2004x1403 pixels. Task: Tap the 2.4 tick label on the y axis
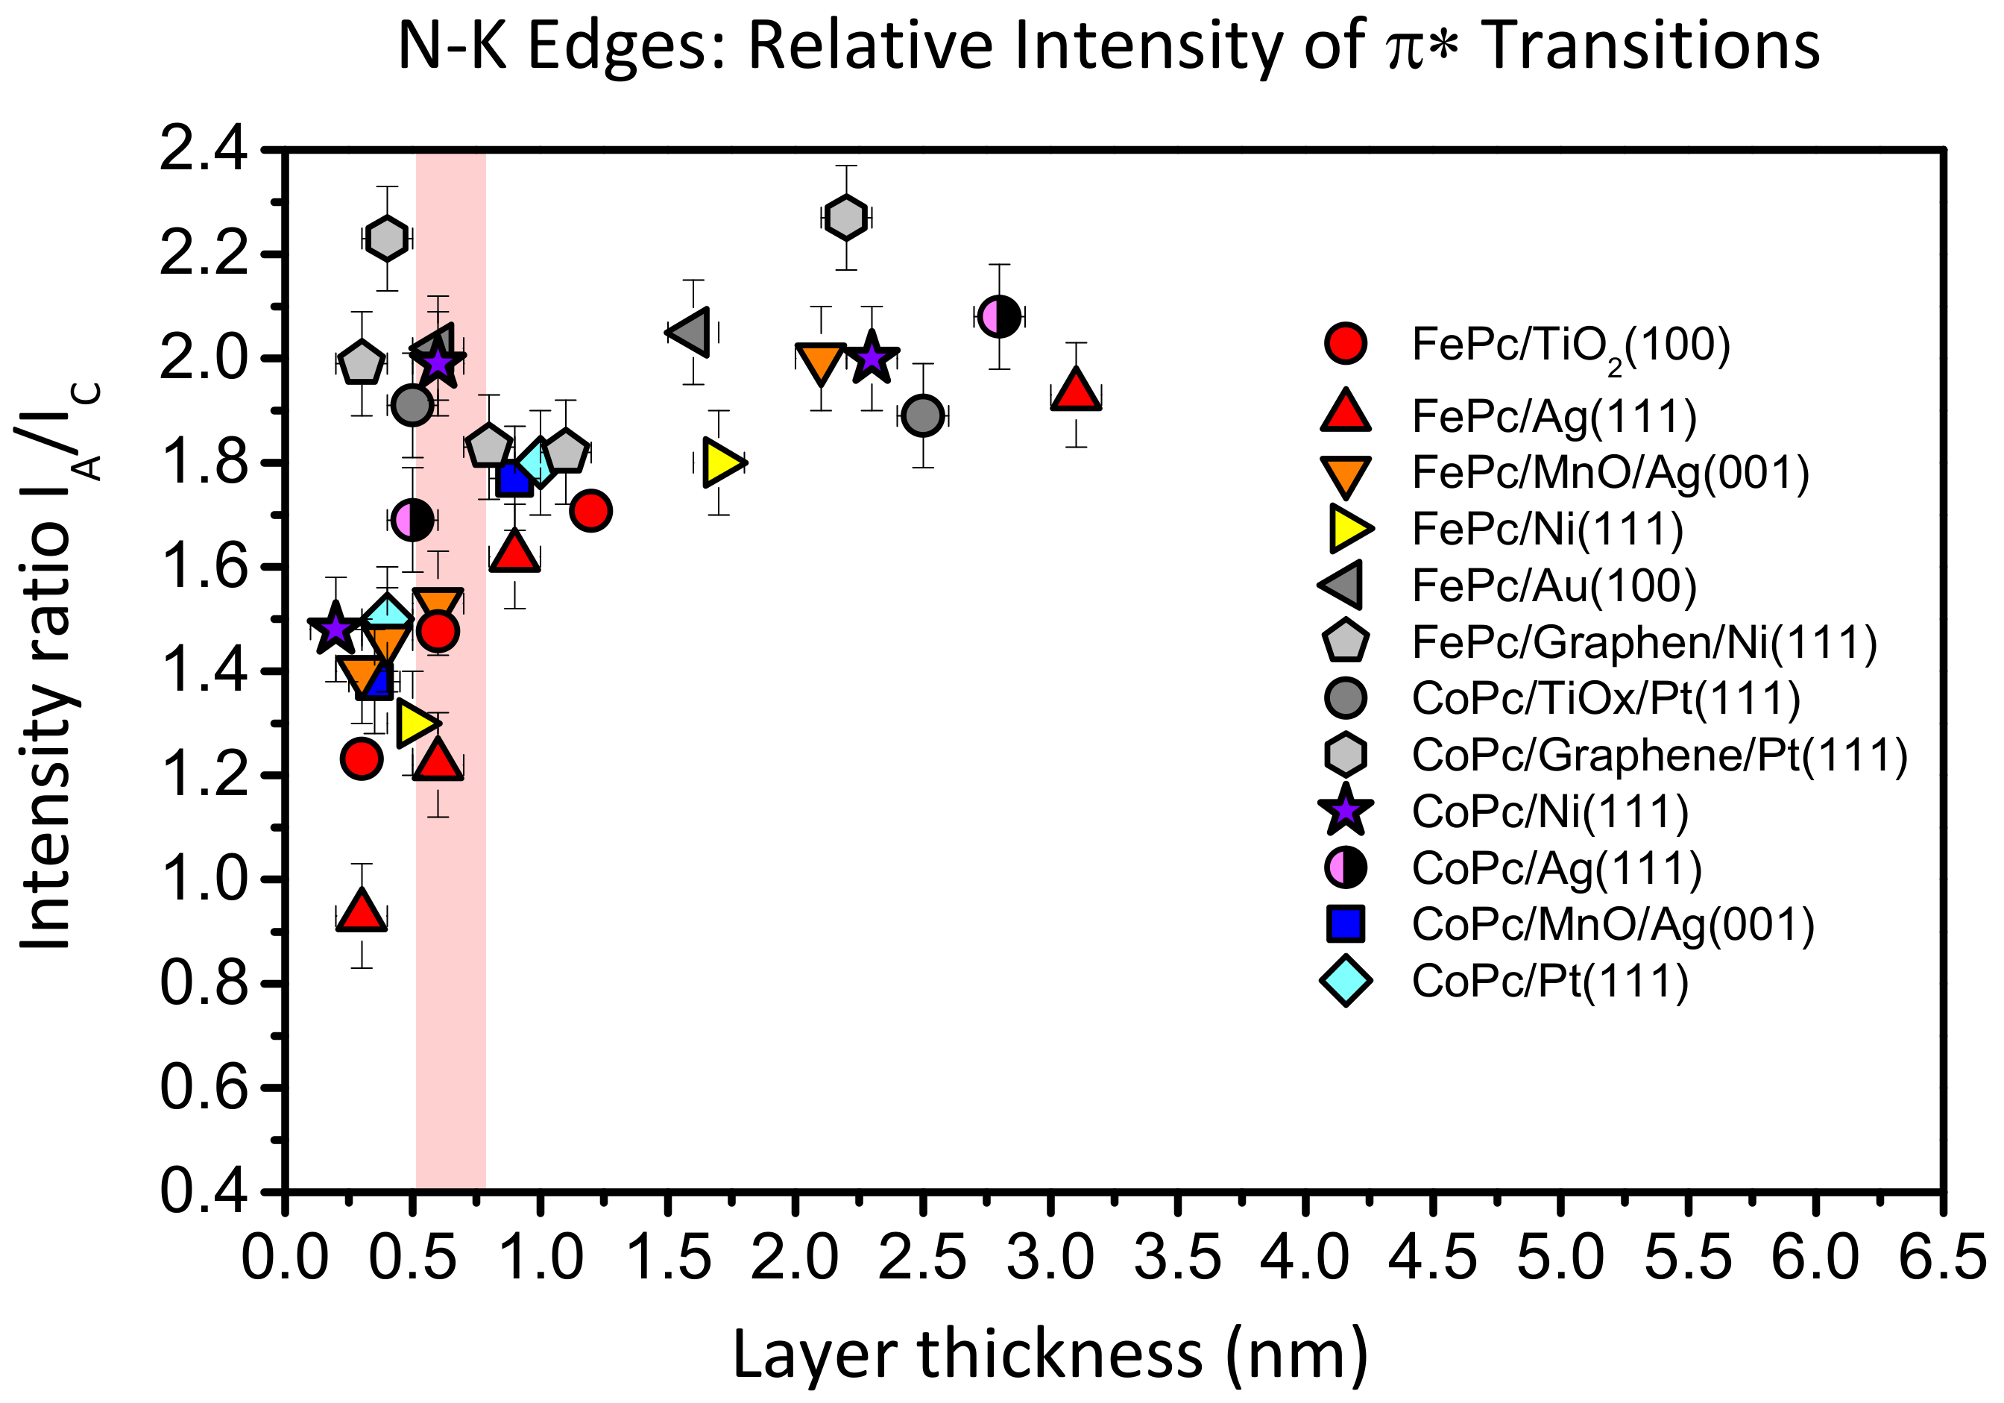click(203, 151)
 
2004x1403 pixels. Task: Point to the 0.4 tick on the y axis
click(203, 1191)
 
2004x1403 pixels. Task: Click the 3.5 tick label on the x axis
click(1178, 1260)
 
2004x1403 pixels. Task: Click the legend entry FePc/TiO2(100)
click(1570, 346)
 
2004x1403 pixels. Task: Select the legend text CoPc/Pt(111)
click(1550, 982)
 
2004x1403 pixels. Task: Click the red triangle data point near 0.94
click(362, 912)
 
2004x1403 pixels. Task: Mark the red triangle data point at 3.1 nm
click(1077, 390)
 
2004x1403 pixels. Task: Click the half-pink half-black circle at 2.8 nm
click(999, 316)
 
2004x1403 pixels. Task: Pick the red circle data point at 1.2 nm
click(591, 511)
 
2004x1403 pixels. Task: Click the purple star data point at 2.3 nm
click(871, 358)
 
